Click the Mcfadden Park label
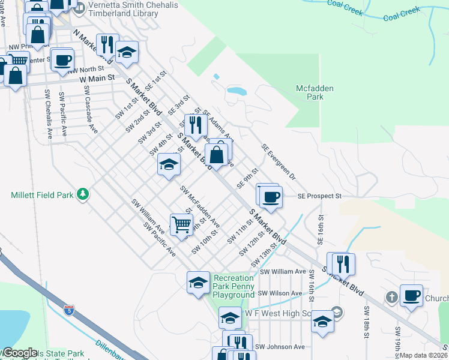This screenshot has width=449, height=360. click(x=315, y=92)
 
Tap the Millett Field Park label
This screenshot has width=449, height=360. click(x=40, y=195)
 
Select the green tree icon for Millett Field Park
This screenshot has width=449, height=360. click(x=83, y=194)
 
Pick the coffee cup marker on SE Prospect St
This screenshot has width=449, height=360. click(x=271, y=197)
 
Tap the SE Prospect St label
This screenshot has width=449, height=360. click(x=320, y=196)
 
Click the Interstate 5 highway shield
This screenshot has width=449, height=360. click(x=70, y=310)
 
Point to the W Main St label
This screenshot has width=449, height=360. click(x=97, y=78)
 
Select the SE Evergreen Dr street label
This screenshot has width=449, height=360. click(x=279, y=162)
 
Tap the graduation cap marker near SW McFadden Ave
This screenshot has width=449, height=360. click(x=169, y=164)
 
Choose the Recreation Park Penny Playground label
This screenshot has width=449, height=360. click(x=234, y=286)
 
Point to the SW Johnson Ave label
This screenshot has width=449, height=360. click(x=279, y=346)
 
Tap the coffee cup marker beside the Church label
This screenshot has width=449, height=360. click(x=411, y=296)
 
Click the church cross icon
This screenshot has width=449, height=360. click(x=391, y=297)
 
